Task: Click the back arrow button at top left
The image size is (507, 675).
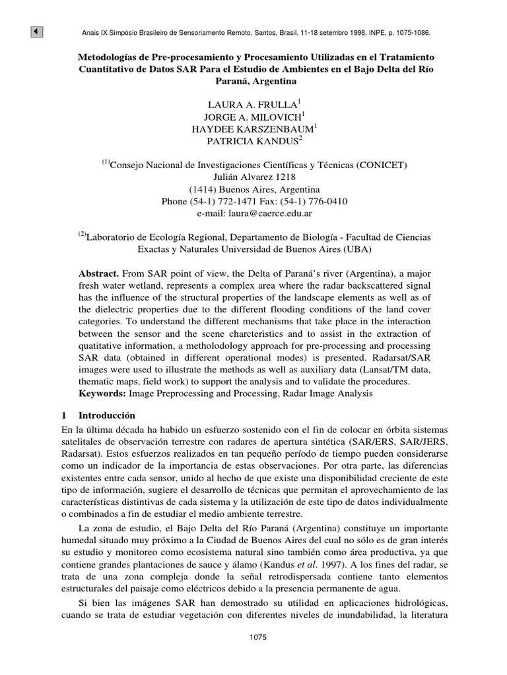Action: click(x=37, y=32)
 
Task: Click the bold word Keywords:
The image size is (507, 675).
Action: click(x=102, y=394)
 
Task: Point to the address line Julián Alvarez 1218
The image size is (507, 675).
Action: click(x=255, y=177)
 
